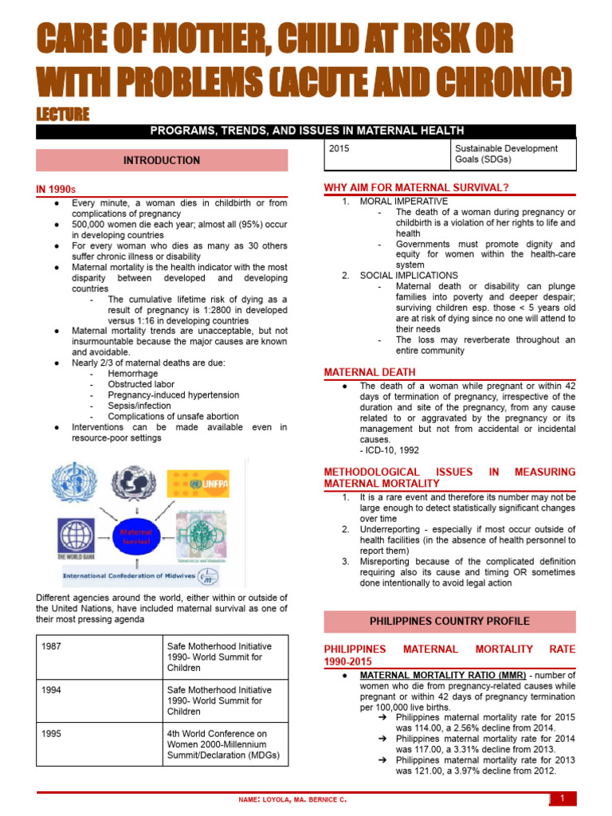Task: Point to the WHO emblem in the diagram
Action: point(73,484)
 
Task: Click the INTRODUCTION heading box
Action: point(162,160)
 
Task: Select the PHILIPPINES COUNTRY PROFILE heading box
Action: point(449,621)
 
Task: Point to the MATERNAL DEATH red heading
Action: point(369,372)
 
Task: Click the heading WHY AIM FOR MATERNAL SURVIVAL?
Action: point(416,187)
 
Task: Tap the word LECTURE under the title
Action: point(63,115)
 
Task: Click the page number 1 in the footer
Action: point(562,798)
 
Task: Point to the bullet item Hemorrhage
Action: point(133,373)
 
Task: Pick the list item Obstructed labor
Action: point(140,384)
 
